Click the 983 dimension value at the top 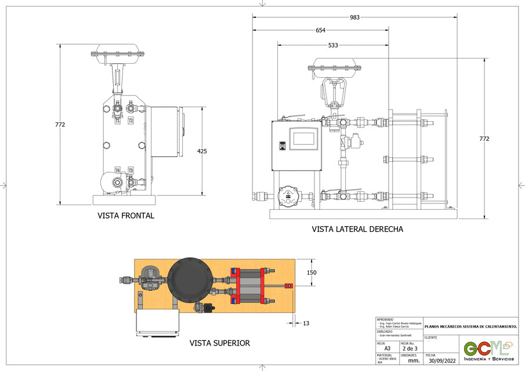pos(354,17)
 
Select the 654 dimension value pos(320,31)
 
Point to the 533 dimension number pos(333,45)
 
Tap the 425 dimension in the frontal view pos(202,151)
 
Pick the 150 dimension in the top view pos(312,272)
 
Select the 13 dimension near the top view pos(306,323)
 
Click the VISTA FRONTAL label pos(126,216)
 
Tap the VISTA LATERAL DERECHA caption pos(357,229)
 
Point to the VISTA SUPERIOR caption pos(220,343)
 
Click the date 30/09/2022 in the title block pos(441,361)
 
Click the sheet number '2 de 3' pos(410,348)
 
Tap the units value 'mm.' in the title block pos(414,361)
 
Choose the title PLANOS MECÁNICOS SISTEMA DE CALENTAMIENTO pos(470,326)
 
